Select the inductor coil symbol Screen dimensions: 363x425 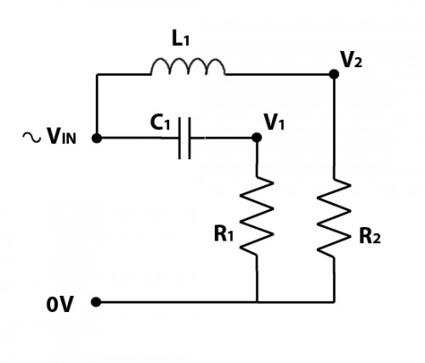[188, 67]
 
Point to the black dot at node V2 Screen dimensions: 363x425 [333, 74]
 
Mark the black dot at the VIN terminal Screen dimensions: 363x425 [97, 137]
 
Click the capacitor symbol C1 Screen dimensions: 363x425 [185, 138]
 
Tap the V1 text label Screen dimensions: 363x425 [275, 122]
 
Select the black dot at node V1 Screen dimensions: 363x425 [256, 137]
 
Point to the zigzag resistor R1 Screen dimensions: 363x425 [257, 217]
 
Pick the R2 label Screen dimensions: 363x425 [370, 235]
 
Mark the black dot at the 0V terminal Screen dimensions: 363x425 [97, 302]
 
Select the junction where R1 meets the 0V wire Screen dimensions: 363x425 [257, 302]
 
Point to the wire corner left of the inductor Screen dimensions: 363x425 [97, 75]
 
